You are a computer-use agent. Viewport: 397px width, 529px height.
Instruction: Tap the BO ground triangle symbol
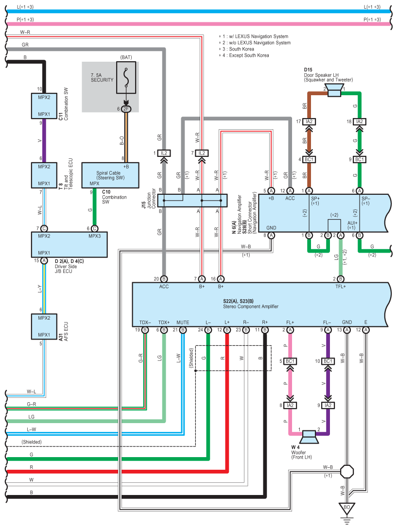(x=346, y=508)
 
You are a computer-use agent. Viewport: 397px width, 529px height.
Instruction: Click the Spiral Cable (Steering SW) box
(x=110, y=174)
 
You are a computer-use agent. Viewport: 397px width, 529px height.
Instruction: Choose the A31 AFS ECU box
(x=44, y=326)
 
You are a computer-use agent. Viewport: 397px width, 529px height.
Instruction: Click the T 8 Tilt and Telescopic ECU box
(x=44, y=175)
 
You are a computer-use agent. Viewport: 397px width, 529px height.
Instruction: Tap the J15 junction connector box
(x=192, y=201)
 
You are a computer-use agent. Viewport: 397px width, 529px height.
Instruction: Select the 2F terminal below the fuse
(x=126, y=109)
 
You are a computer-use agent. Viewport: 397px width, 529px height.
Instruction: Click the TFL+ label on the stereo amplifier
(x=340, y=287)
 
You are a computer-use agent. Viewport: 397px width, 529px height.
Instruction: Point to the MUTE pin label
(x=183, y=322)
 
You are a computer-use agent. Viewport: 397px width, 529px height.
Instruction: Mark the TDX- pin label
(x=145, y=322)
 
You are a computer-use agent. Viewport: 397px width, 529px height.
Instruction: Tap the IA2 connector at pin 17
(x=309, y=121)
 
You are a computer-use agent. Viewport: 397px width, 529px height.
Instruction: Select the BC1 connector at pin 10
(x=328, y=361)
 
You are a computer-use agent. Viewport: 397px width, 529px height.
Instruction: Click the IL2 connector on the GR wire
(x=164, y=153)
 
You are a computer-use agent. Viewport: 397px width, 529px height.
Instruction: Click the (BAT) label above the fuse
(x=126, y=58)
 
